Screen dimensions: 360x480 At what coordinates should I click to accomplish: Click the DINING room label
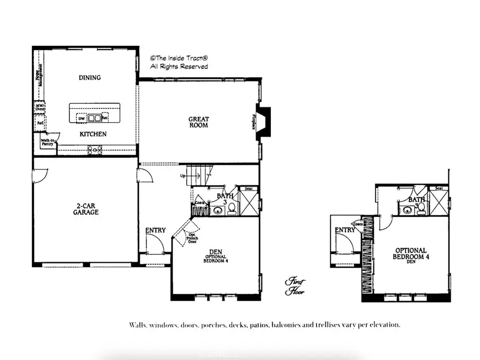90,78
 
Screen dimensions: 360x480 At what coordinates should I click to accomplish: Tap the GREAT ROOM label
198,122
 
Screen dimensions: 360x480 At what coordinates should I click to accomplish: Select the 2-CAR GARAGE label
87,209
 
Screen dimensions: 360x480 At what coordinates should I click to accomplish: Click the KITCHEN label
93,134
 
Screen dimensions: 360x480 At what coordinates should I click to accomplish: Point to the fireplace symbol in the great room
263,123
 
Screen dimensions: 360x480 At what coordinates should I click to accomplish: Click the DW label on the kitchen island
82,118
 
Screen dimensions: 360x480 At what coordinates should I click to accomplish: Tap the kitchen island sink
94,118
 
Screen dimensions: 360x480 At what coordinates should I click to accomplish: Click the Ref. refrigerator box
39,122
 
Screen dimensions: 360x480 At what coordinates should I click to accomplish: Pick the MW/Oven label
39,107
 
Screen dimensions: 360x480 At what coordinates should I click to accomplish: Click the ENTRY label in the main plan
155,230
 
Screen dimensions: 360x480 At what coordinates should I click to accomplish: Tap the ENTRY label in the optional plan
345,230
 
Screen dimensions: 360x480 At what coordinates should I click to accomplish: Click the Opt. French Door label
191,237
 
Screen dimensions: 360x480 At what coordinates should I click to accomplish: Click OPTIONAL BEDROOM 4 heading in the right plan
411,253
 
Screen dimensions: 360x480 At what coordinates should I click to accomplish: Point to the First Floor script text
294,286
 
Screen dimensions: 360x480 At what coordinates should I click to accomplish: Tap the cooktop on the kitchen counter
95,150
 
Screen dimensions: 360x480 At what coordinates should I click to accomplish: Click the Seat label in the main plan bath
249,189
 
